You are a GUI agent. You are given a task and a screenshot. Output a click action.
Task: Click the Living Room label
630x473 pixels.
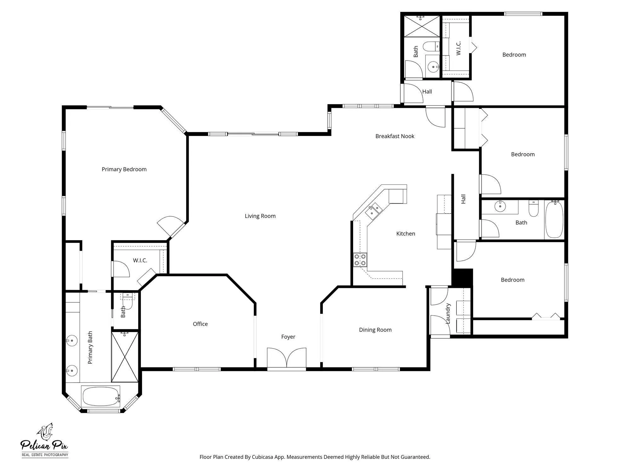point(260,216)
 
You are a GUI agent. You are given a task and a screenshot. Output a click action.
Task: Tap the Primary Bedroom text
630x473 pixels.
point(124,169)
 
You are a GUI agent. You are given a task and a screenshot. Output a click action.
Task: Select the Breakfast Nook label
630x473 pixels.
point(395,136)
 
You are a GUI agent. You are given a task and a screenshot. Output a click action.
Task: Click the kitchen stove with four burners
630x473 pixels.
point(360,260)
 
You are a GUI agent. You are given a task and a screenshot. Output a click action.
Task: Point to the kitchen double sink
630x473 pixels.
point(374,211)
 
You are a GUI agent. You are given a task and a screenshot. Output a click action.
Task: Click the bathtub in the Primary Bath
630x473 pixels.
point(100,397)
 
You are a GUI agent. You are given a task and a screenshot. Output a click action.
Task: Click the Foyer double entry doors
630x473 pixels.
point(287,358)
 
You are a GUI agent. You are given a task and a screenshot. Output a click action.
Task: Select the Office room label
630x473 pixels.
point(200,324)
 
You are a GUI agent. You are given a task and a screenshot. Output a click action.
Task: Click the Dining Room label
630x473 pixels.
point(375,330)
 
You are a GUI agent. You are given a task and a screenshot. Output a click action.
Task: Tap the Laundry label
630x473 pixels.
point(448,313)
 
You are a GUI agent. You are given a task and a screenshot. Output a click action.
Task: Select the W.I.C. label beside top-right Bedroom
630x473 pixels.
point(459,48)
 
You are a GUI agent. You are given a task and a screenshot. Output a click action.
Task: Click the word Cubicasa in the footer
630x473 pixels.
point(262,457)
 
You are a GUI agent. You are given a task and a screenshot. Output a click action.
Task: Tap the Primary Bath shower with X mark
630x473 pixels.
point(125,357)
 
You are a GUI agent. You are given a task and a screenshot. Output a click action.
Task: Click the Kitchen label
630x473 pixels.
point(406,234)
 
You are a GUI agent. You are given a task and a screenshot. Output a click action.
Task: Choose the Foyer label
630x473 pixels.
point(288,337)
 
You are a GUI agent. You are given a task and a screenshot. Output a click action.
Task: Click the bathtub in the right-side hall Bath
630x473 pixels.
point(554,219)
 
